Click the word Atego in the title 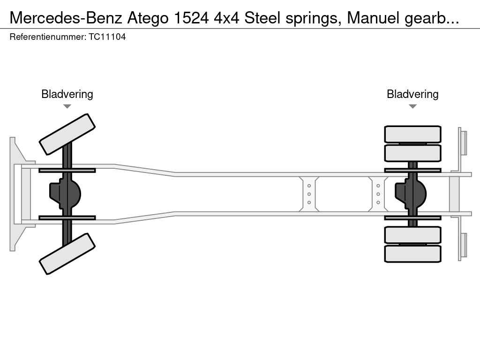click(148, 18)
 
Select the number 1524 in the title click(191, 18)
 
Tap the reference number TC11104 click(107, 37)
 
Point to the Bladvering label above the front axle click(67, 94)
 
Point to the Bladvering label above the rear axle click(412, 94)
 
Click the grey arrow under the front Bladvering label click(67, 106)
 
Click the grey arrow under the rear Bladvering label click(412, 106)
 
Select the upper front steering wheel click(67, 134)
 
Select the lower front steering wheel click(67, 254)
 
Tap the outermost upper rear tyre click(412, 134)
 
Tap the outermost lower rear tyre click(412, 254)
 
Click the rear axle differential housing click(411, 194)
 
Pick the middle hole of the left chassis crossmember click(309, 194)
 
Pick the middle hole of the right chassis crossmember click(378, 194)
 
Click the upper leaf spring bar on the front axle click(67, 171)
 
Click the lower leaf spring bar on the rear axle click(412, 217)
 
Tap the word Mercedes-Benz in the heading click(66, 18)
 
